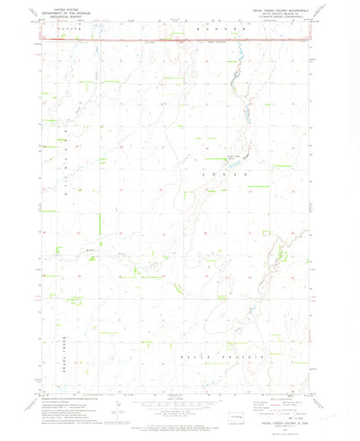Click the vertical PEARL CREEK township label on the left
pos(66,342)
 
